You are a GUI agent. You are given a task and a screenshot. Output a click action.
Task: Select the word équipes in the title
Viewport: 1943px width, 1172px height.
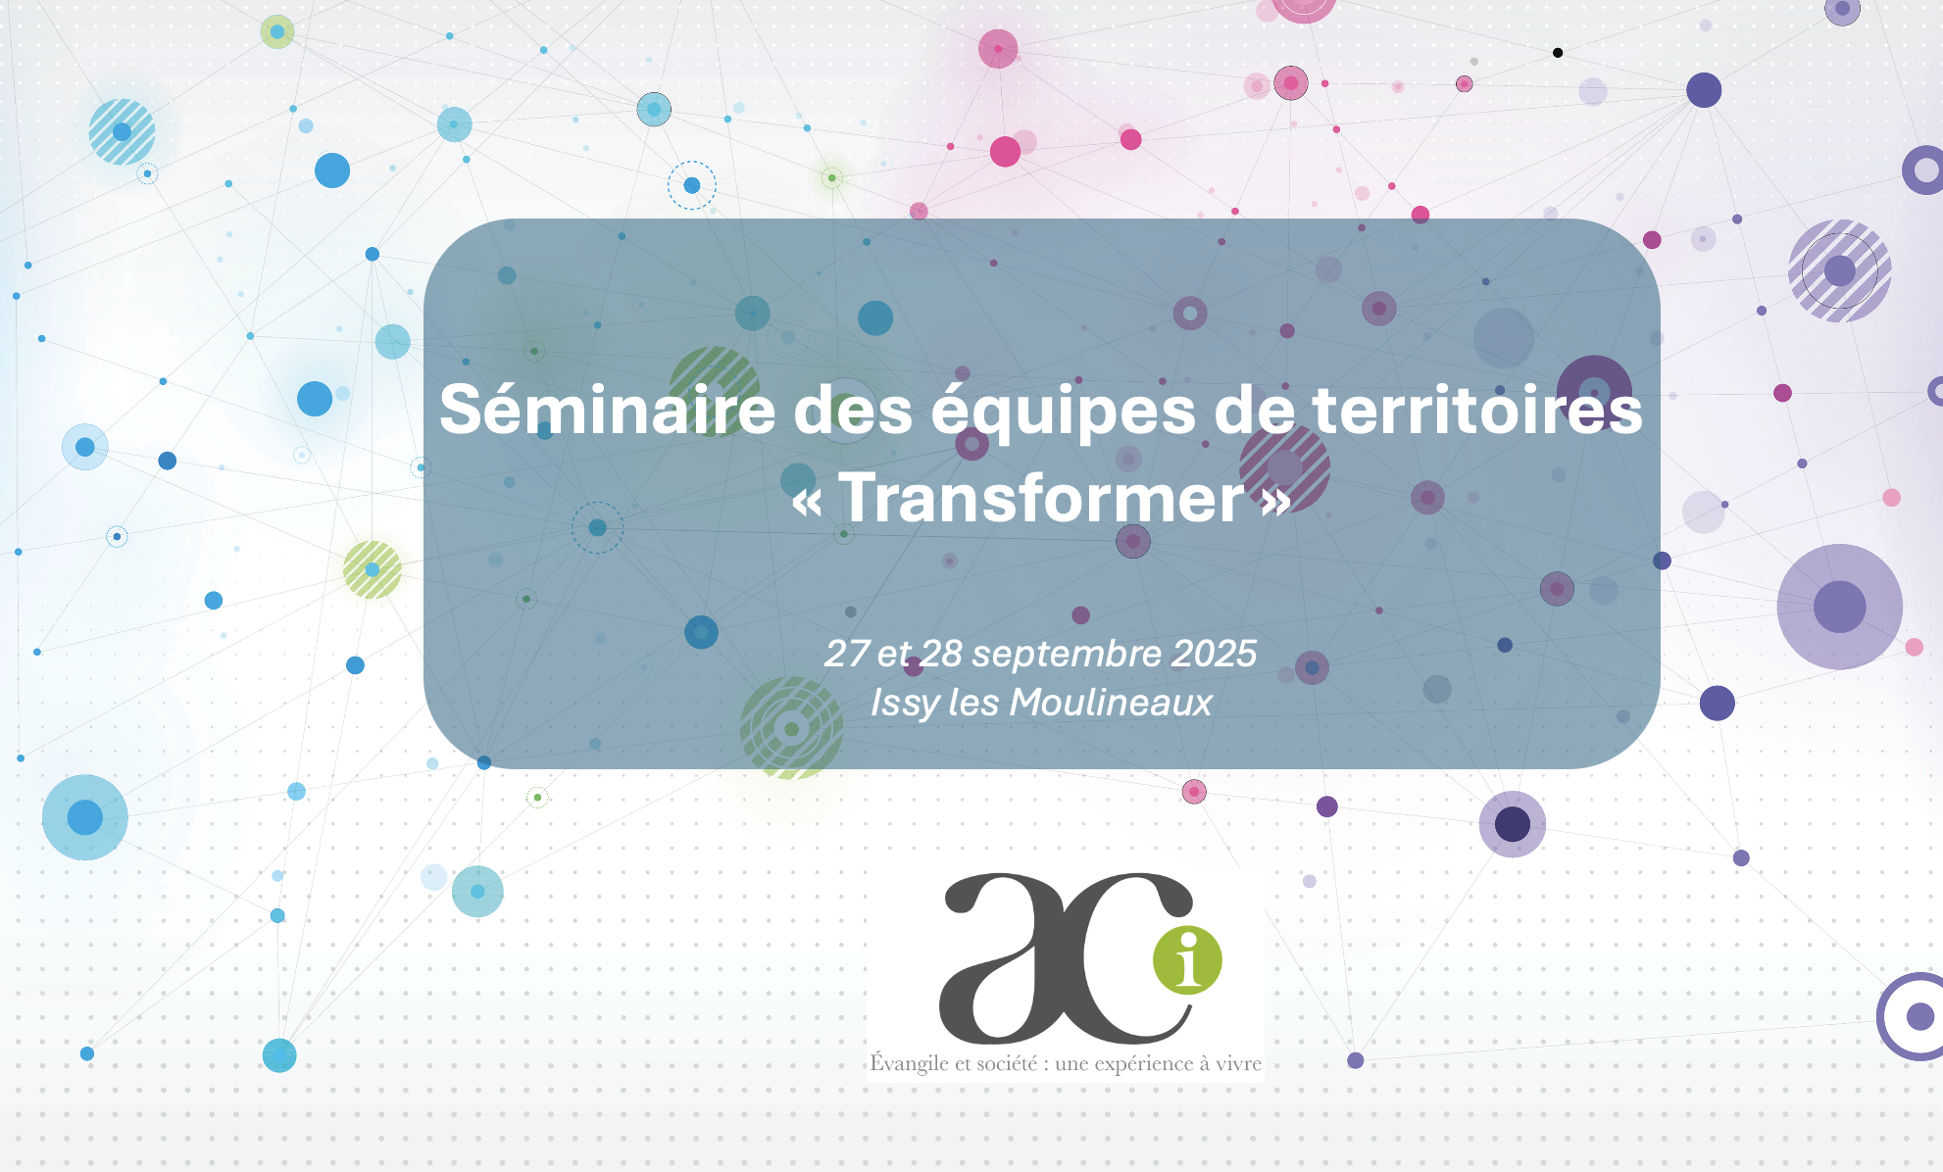coord(1064,413)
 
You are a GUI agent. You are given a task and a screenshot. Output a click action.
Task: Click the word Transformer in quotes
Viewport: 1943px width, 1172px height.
coord(1041,497)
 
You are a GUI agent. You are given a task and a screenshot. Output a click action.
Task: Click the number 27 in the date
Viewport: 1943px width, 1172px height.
coord(846,654)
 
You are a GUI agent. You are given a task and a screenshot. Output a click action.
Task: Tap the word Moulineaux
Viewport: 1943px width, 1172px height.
coord(1111,703)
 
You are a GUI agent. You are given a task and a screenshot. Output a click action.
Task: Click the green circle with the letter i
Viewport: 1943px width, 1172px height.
coord(1187,959)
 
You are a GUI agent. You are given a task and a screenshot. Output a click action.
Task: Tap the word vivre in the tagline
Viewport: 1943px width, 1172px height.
coord(1238,1064)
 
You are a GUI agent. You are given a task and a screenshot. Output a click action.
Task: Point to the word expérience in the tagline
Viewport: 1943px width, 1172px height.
coord(1141,1065)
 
